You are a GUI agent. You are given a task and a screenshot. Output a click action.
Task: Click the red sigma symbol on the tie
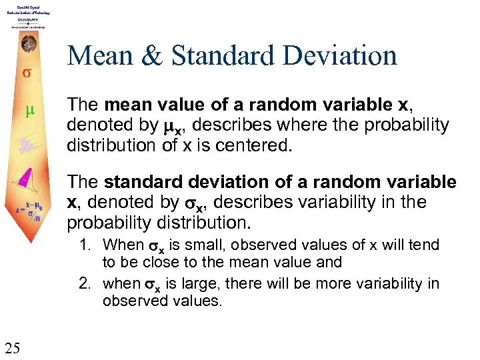point(26,71)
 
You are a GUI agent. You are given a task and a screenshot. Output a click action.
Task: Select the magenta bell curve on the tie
point(27,176)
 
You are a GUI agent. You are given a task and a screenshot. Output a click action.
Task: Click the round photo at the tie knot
point(28,45)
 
